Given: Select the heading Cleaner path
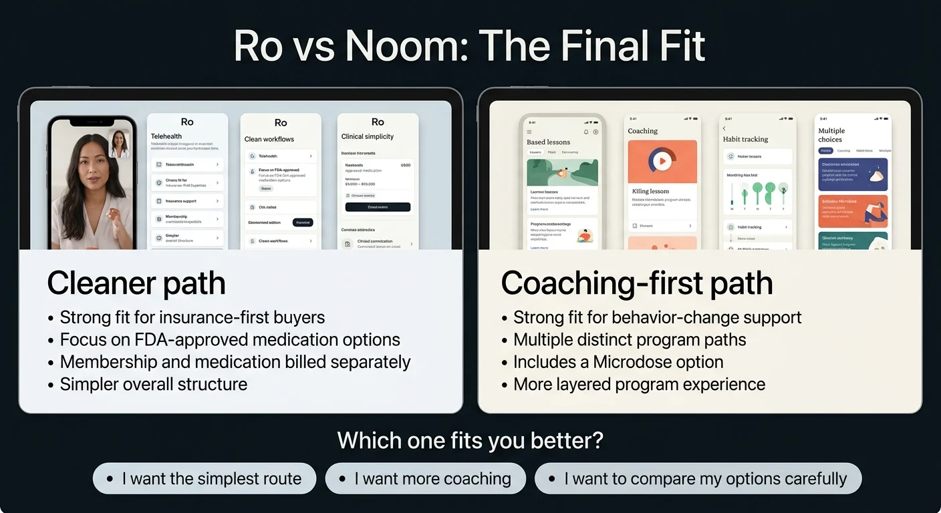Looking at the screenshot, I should pos(136,283).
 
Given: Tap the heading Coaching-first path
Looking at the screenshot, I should pos(636,283).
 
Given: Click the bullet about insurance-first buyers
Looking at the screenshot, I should pos(192,317).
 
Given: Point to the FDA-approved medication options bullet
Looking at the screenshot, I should pos(230,339).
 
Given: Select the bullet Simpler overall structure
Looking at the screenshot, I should pos(153,384).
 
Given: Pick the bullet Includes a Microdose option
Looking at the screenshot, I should pos(618,362).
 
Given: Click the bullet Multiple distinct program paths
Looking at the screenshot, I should pos(629,339).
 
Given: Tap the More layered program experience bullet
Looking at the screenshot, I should pos(638,384).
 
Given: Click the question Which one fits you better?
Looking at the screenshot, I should pos(470,441).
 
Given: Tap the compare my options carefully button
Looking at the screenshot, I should pos(698,478).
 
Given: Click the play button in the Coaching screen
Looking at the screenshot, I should pos(662,161).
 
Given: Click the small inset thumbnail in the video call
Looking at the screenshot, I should pos(120,144).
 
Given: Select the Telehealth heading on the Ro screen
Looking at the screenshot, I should pos(166,136).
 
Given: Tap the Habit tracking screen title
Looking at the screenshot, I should pos(745,139).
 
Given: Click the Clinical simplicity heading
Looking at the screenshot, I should pos(368,136).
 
